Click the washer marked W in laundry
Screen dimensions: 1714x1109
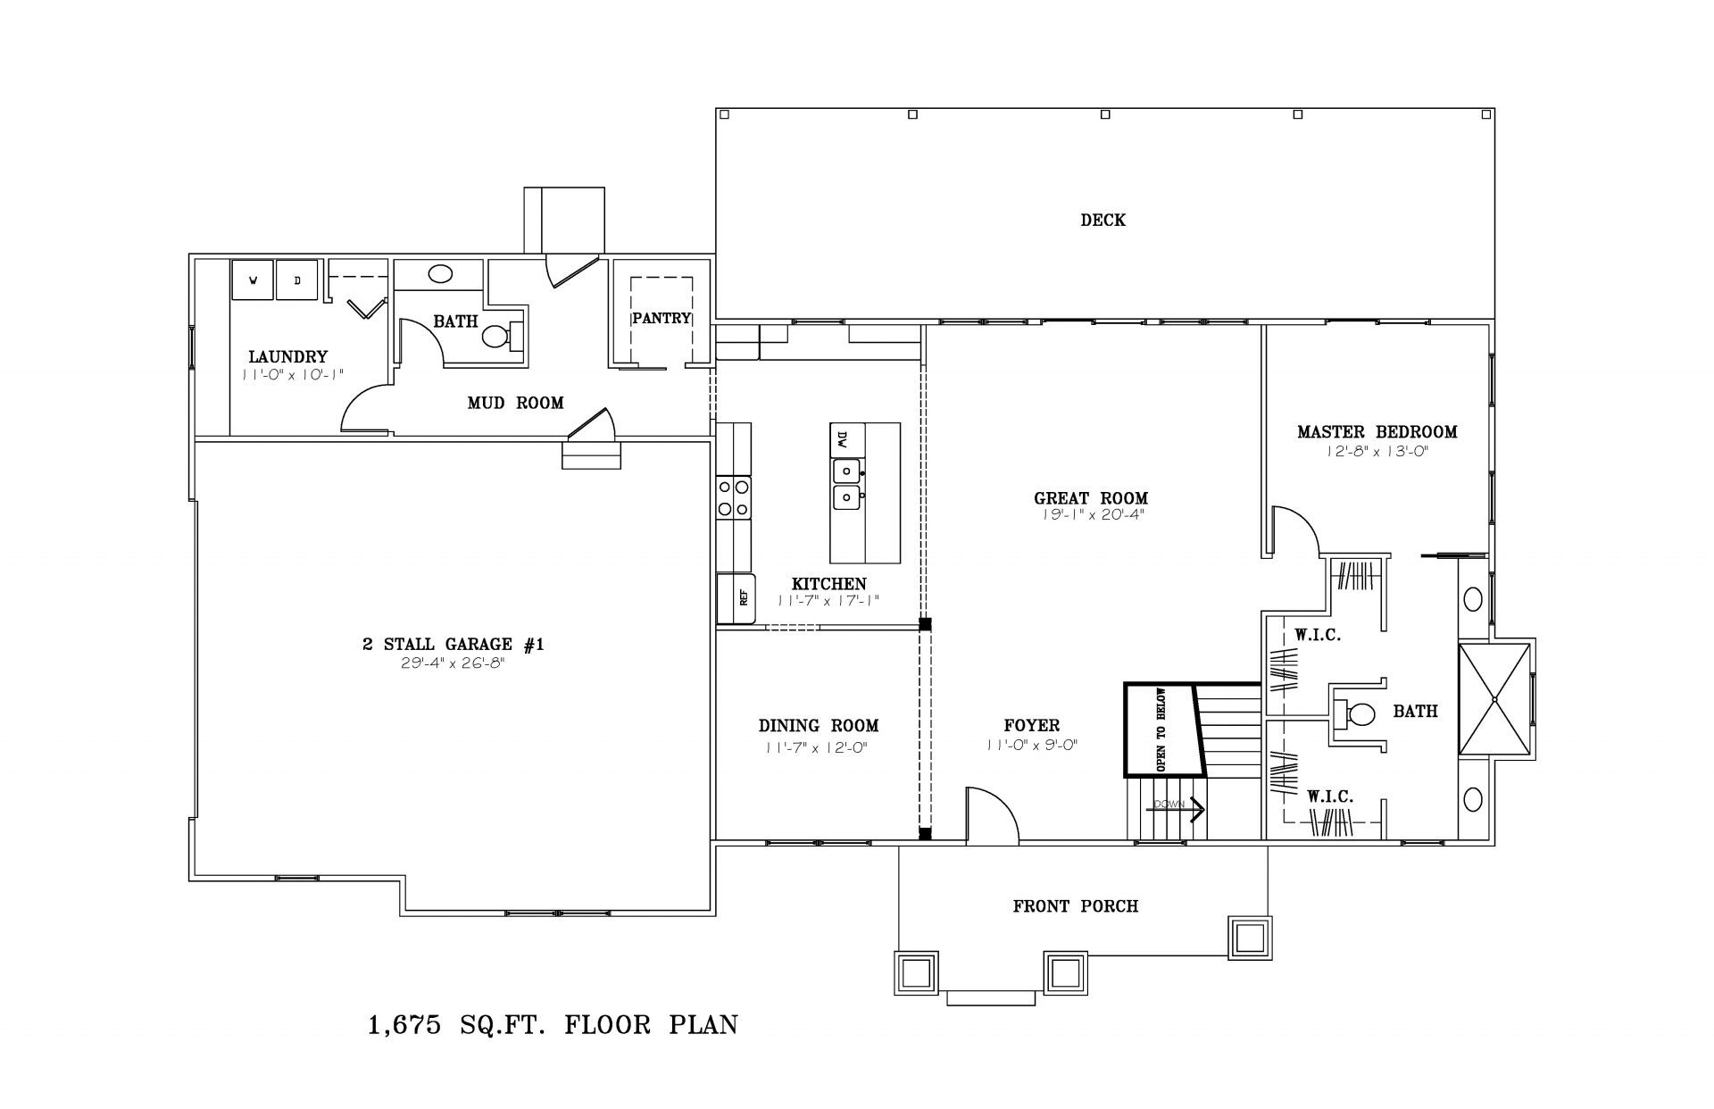tap(253, 279)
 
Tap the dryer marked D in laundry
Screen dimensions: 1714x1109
tap(297, 279)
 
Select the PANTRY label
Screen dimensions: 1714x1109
tap(661, 318)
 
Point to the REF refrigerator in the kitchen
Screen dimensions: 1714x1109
tap(737, 598)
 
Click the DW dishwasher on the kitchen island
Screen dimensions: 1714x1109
tap(843, 440)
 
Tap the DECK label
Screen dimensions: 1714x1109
tap(1103, 220)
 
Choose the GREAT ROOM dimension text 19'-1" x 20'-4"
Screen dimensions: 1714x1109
tap(1091, 515)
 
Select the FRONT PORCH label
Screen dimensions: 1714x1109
tap(1076, 906)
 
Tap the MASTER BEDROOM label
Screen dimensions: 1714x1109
tap(1377, 432)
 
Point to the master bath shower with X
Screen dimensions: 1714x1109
tap(1496, 699)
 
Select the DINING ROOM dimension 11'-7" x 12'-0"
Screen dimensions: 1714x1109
tap(817, 748)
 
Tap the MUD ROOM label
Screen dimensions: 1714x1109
tap(516, 404)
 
